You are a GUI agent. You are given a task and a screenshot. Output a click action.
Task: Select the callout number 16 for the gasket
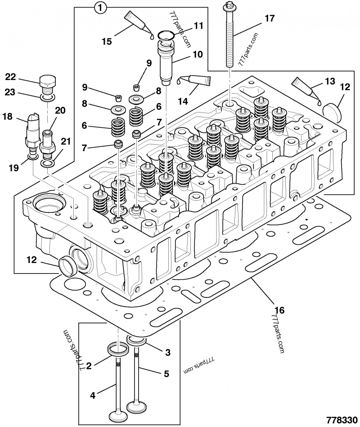point(279,310)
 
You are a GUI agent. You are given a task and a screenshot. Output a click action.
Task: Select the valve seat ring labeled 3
point(135,341)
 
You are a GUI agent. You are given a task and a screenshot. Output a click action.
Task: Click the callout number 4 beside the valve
point(92,396)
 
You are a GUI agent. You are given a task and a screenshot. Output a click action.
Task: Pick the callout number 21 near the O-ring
point(66,142)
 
